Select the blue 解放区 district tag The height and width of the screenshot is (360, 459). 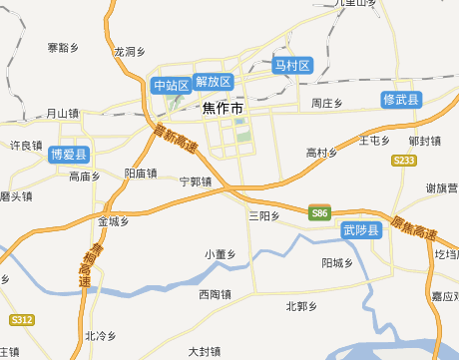tap(214, 81)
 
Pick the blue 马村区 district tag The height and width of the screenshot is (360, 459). tap(293, 66)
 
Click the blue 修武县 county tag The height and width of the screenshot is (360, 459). tap(401, 100)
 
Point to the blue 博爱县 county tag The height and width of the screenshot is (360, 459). tap(69, 155)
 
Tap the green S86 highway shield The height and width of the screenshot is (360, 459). tap(319, 213)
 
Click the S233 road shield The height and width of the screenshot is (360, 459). tap(404, 160)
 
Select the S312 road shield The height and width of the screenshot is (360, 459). tap(22, 320)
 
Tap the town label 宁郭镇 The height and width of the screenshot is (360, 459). tap(196, 182)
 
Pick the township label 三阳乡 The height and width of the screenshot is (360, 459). tap(264, 215)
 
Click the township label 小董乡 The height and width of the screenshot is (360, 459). tap(220, 254)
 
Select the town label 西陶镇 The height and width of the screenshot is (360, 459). tap(215, 294)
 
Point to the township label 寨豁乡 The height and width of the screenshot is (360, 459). tap(63, 47)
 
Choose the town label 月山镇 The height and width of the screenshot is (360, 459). tap(62, 114)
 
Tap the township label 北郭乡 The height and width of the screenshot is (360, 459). tap(300, 306)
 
